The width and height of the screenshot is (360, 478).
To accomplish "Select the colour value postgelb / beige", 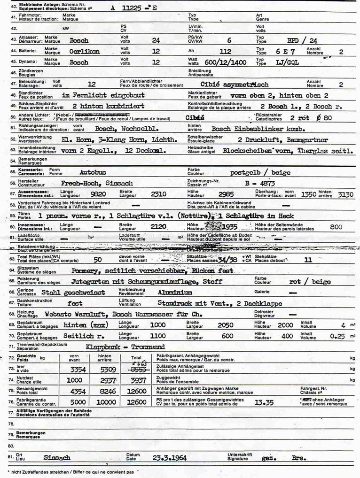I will (x=260, y=172).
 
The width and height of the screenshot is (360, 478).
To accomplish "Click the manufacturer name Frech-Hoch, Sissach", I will (x=97, y=183).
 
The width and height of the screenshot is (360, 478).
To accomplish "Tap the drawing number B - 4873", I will (x=260, y=183).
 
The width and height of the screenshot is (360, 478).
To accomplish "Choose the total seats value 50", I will (x=98, y=259).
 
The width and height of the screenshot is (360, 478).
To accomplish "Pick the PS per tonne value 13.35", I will (x=264, y=402).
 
